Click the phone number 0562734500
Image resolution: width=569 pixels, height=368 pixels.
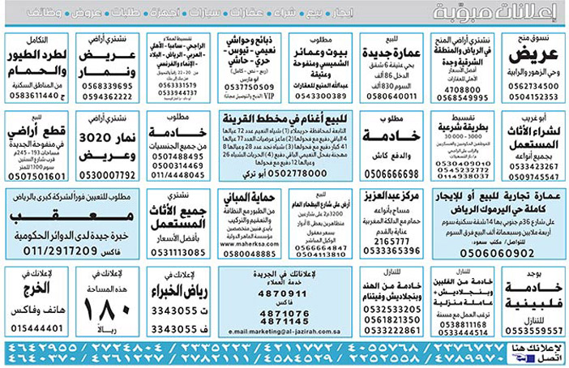(x=534, y=85)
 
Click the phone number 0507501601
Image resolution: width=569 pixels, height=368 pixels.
(x=35, y=174)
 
